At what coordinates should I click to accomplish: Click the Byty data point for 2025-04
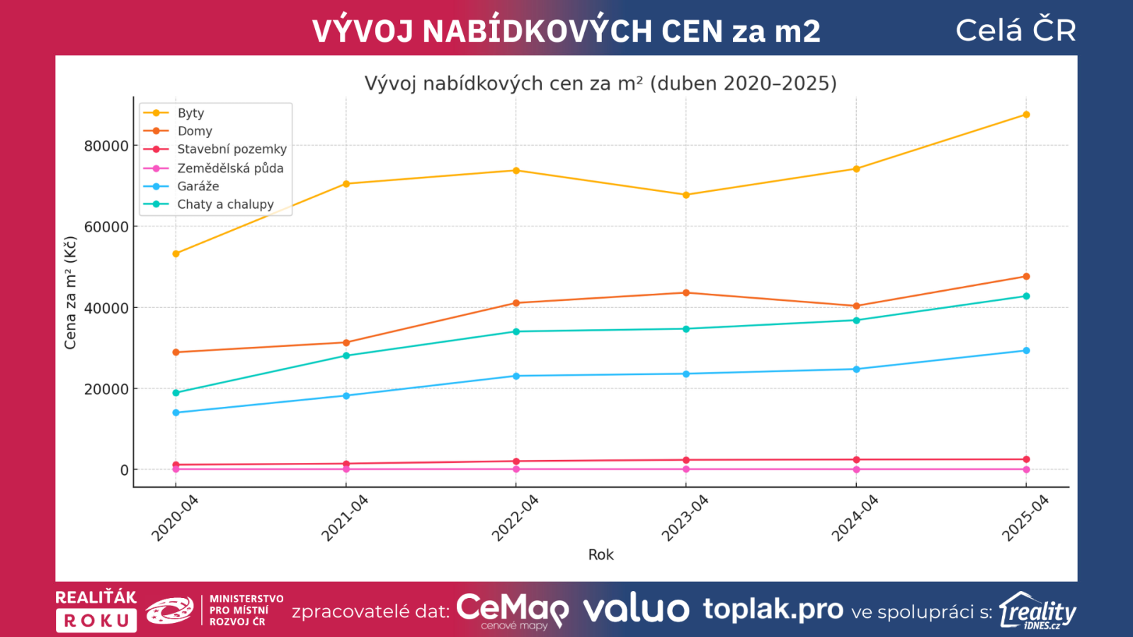pos(1026,115)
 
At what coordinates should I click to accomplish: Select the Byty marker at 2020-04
pos(176,253)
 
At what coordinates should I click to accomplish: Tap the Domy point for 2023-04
pos(686,293)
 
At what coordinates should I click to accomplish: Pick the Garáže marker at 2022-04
pos(516,376)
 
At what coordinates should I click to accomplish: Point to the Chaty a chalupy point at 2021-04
pos(346,355)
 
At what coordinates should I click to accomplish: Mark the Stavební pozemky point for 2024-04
pos(856,460)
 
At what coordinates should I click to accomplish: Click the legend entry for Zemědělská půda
pos(229,168)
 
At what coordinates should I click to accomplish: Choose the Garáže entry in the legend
pos(198,186)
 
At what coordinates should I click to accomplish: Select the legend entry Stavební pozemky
pos(232,149)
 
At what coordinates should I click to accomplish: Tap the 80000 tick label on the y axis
pos(106,146)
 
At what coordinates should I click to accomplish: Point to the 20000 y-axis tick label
pos(106,389)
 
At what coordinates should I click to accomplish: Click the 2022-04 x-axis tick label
pos(516,518)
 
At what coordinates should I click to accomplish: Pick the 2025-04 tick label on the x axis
pos(1025,518)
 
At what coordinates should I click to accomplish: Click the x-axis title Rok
pos(600,555)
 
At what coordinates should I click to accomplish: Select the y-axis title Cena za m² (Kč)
pos(70,293)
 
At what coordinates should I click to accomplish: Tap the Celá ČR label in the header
pos(1015,30)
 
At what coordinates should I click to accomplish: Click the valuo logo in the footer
pos(636,609)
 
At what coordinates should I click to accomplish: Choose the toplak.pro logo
pos(773,609)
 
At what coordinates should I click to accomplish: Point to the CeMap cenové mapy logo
pos(512,610)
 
